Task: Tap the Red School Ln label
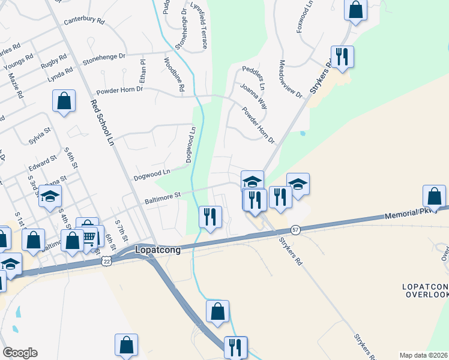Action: point(101,122)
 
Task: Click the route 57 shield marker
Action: point(295,229)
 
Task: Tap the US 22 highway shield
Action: point(106,261)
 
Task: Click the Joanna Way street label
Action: point(253,96)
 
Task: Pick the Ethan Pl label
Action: point(142,70)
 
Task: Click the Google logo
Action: point(20,352)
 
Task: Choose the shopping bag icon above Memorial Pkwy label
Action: point(434,196)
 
